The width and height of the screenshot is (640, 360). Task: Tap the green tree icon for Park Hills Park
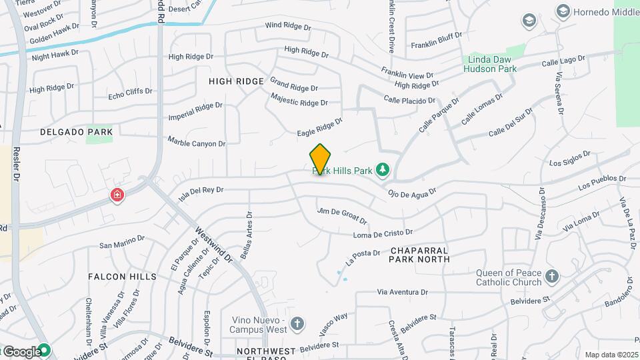pos(383,171)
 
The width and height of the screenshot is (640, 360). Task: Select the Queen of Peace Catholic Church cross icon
pos(551,276)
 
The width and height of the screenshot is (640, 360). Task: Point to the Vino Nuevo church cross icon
pos(297,324)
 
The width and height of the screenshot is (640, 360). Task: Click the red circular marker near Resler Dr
pos(117,195)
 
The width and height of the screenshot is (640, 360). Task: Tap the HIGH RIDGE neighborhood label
pos(237,81)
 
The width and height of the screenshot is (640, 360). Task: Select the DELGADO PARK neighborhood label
pos(75,132)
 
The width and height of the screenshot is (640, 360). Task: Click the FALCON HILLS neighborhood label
pos(122,276)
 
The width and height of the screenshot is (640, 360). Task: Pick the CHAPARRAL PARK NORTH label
pos(420,255)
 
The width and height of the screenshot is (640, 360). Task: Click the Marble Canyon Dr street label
pos(197,141)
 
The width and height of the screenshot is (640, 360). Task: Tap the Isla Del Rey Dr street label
pos(201,193)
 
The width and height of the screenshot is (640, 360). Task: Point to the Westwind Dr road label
pos(213,245)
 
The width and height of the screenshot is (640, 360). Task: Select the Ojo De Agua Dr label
pos(411,192)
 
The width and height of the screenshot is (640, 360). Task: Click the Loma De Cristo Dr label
pos(383,234)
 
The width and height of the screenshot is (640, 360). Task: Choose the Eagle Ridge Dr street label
pos(319,127)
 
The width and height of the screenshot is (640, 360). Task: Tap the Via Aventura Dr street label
pos(402,292)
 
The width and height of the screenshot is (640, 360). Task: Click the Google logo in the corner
pos(22,351)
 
